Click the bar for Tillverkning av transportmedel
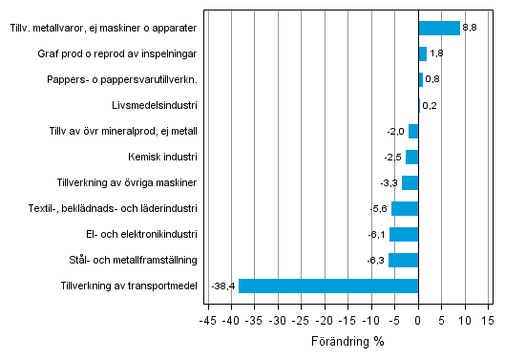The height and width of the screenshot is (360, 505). click(328, 286)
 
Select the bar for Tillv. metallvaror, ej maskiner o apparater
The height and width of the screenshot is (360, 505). click(439, 28)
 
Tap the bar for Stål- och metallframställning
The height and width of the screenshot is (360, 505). click(403, 260)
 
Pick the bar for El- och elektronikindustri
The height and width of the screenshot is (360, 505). click(404, 234)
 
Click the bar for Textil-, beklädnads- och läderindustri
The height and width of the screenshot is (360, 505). click(405, 208)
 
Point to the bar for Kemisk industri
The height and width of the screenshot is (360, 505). click(412, 157)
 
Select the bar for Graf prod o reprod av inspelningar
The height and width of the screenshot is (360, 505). click(423, 53)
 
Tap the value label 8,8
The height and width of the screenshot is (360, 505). click(470, 28)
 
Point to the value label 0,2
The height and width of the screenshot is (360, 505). click(430, 105)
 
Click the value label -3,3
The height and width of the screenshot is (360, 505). click(389, 182)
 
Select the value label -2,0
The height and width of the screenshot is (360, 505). click(395, 131)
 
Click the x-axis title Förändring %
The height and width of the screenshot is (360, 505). click(347, 341)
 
